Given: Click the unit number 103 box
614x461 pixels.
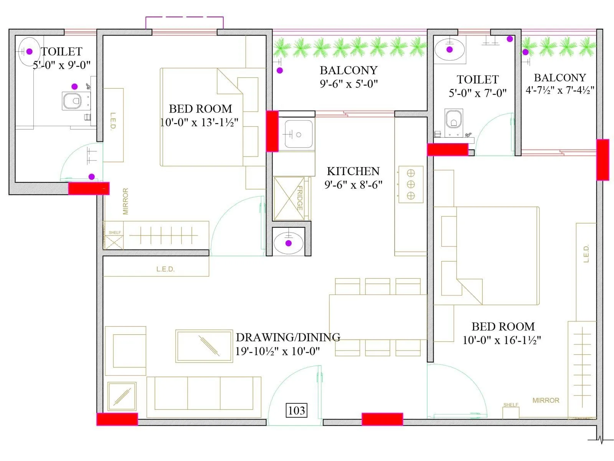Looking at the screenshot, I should coord(296,410).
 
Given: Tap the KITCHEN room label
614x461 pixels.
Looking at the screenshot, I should coord(353,171).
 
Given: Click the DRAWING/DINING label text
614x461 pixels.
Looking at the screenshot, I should coord(288,337).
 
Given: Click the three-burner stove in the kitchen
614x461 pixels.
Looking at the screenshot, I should coord(411,184).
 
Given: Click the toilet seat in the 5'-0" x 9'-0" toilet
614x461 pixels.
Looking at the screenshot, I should coord(72,101).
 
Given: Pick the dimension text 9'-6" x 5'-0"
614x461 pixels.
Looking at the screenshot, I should coord(348,84).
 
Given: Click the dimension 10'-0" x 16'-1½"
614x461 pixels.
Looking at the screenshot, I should coord(502,340).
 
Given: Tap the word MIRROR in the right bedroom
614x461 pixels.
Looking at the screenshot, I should coord(546,400).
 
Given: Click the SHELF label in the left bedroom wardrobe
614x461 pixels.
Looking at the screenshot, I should coord(114,232).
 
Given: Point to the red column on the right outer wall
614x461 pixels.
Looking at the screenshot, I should coord(602,159).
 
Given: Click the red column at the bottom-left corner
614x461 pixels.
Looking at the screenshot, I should coord(117,419).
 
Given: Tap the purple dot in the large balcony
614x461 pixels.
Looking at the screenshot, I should coord(280,70).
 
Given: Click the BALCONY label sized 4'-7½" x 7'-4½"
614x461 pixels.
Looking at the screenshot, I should coord(560,78).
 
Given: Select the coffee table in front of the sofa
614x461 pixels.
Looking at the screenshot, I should coord(204,346).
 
